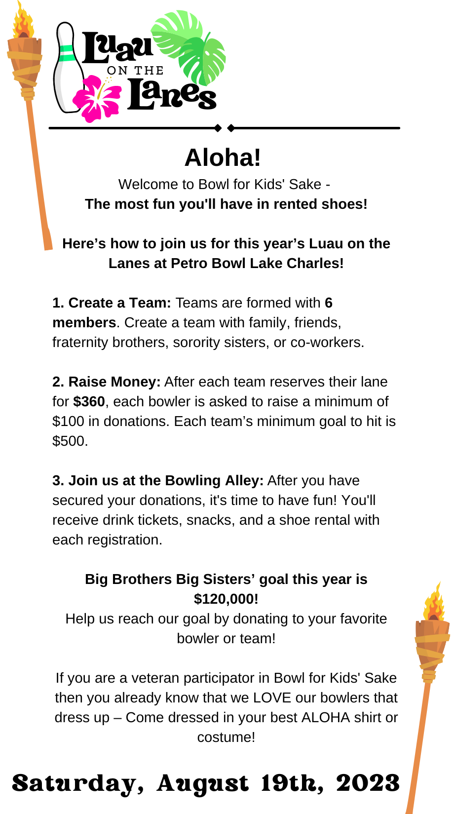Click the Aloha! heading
pyautogui.click(x=223, y=158)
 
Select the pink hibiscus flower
pyautogui.click(x=96, y=98)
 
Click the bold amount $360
pyautogui.click(x=89, y=402)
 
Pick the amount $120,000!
pyautogui.click(x=226, y=599)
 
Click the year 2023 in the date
pyautogui.click(x=368, y=783)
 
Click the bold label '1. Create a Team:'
pyautogui.click(x=112, y=303)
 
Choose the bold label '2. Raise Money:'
pyautogui.click(x=107, y=382)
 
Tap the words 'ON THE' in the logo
pyautogui.click(x=135, y=71)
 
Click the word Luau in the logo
pyautogui.click(x=117, y=48)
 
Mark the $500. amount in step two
pyautogui.click(x=70, y=441)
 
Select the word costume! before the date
pyautogui.click(x=226, y=737)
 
